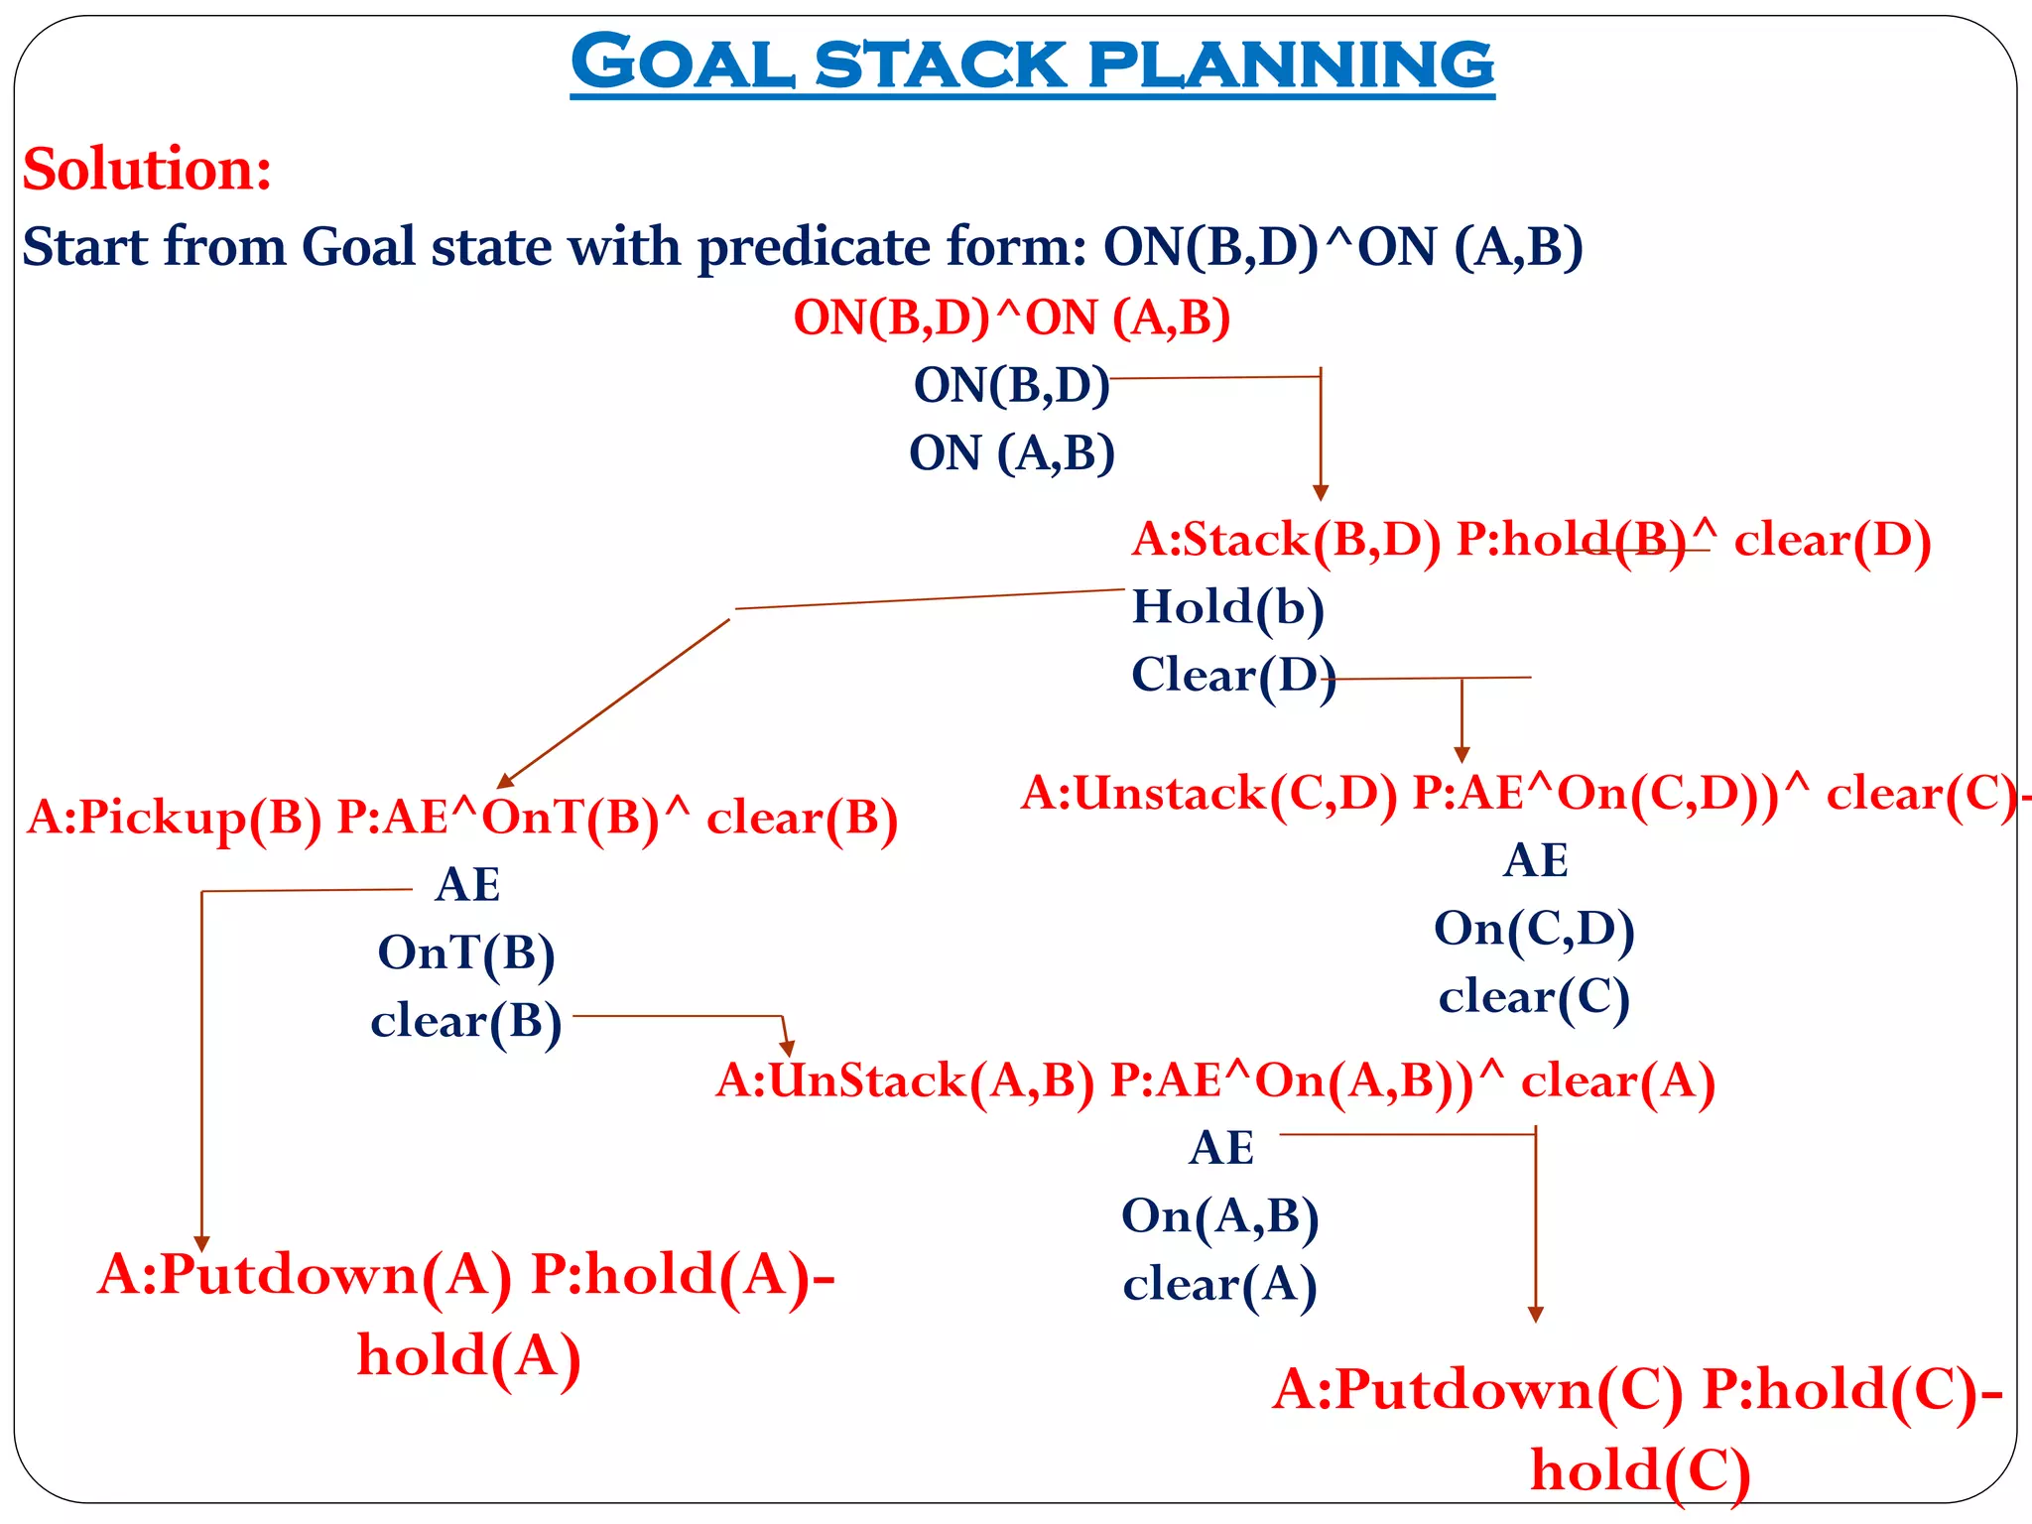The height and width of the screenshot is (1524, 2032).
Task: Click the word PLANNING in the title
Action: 1290,64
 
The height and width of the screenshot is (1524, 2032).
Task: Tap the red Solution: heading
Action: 147,169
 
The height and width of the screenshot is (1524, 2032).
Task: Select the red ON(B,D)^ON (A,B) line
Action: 1011,318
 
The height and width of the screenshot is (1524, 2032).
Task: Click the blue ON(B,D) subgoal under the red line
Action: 1011,385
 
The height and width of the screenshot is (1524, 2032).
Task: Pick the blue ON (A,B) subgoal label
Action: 1011,453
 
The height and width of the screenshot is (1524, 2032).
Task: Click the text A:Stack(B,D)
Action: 1286,541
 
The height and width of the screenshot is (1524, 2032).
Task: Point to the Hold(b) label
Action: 1227,607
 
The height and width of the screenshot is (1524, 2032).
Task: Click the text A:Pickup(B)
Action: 175,819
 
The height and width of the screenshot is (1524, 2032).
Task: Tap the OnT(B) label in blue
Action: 465,953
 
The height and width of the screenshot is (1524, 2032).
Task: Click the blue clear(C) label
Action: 1534,997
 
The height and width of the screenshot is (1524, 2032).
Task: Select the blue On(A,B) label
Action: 1219,1216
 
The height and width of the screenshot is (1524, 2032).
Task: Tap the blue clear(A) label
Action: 1219,1285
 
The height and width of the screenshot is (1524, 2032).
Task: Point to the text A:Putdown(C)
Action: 1477,1390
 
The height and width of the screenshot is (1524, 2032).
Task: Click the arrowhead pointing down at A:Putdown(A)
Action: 201,1244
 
